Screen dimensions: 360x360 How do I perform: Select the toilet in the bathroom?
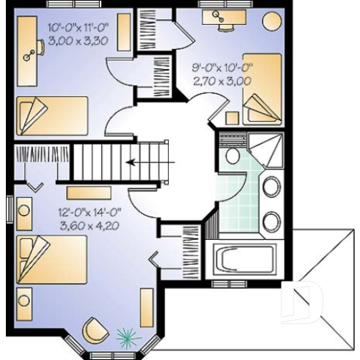[232, 155]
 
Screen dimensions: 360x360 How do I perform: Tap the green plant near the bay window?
[126, 337]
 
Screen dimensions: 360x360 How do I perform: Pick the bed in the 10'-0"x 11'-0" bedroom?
[51, 113]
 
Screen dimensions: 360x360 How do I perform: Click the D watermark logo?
[303, 301]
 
